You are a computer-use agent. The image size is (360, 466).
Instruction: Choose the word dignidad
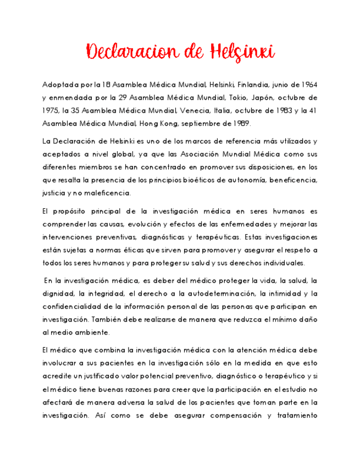tap(57, 294)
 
